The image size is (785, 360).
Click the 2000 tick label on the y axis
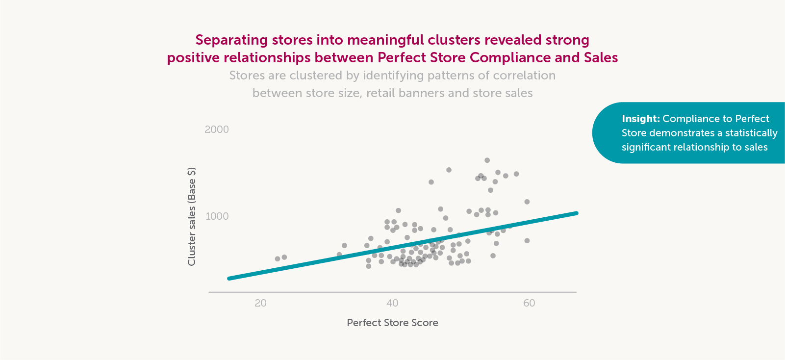pos(217,129)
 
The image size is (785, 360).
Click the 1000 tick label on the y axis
pos(217,216)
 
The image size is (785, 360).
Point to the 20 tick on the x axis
pos(260,303)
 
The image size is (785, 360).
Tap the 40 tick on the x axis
pos(392,303)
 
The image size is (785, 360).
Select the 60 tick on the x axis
pos(529,303)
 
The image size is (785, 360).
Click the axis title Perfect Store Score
pos(392,323)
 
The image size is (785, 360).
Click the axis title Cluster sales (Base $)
pos(192,217)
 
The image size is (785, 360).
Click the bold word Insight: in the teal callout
pos(641,119)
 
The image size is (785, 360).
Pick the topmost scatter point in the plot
pos(487,160)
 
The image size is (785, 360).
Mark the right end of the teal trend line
pos(577,213)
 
